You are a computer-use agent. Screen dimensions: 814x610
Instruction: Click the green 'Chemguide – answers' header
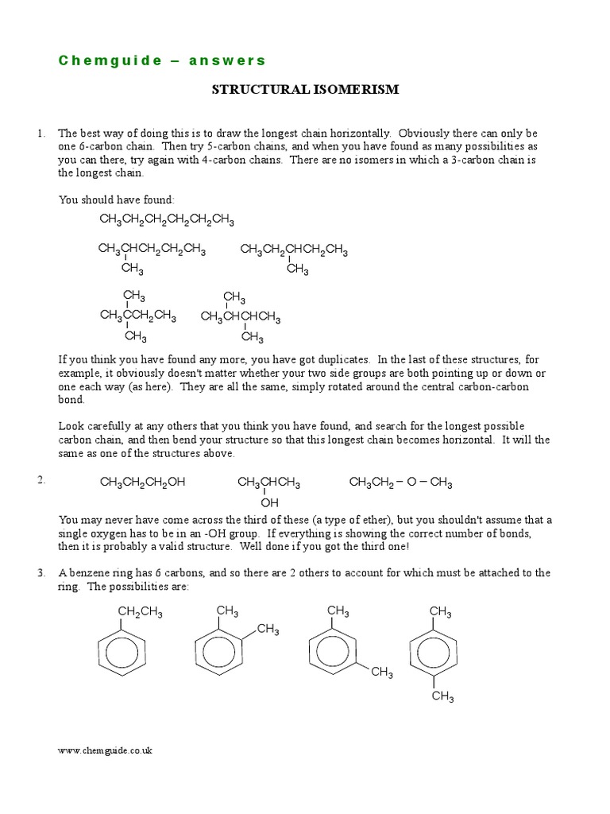pyautogui.click(x=163, y=60)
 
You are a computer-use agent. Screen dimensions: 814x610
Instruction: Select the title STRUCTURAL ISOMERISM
pyautogui.click(x=305, y=90)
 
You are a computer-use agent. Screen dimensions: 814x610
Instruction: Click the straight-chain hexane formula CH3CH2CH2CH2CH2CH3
pyautogui.click(x=167, y=219)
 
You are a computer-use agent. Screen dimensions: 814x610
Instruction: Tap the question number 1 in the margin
pyautogui.click(x=41, y=134)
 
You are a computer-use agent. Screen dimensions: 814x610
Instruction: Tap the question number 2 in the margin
pyautogui.click(x=41, y=481)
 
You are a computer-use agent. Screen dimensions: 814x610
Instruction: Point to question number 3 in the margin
pyautogui.click(x=41, y=572)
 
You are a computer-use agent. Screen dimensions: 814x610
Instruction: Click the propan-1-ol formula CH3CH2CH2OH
pyautogui.click(x=142, y=483)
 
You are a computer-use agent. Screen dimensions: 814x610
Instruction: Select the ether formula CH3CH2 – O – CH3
pyautogui.click(x=401, y=483)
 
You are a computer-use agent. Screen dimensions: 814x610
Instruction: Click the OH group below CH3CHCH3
pyautogui.click(x=270, y=502)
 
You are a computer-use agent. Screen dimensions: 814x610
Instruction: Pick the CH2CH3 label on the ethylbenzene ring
pyautogui.click(x=141, y=611)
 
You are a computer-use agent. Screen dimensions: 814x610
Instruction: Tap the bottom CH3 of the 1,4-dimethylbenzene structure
pyautogui.click(x=442, y=696)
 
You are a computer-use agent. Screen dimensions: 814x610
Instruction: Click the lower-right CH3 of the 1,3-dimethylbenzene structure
pyautogui.click(x=382, y=673)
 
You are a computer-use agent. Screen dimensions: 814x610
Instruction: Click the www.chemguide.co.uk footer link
pyautogui.click(x=106, y=750)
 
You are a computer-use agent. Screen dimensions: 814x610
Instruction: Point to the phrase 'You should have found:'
pyautogui.click(x=116, y=200)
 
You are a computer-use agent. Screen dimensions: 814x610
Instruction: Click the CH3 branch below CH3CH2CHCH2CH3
pyautogui.click(x=298, y=269)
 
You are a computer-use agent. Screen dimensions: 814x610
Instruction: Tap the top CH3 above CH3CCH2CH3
pyautogui.click(x=134, y=297)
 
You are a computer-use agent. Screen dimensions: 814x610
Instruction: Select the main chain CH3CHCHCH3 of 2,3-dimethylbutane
pyautogui.click(x=241, y=317)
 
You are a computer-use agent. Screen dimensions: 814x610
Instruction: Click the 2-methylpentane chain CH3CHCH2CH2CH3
pyautogui.click(x=152, y=250)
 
